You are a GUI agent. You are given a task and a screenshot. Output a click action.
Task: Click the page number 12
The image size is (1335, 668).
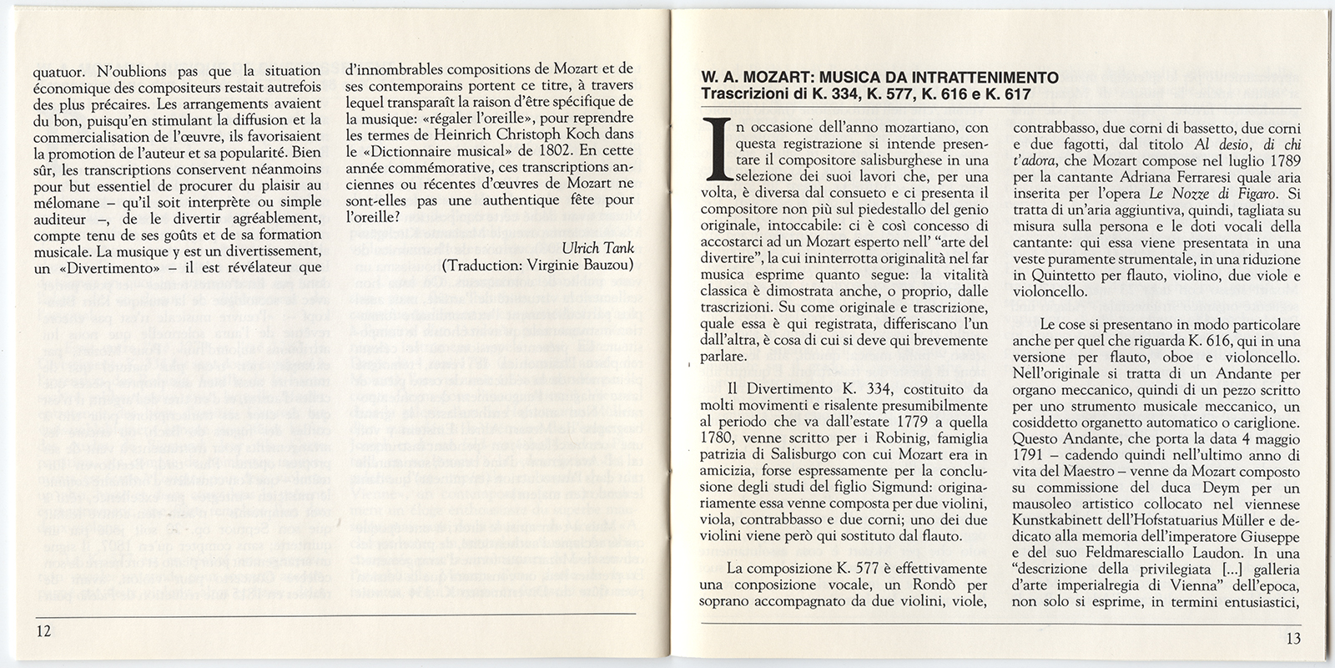[x=43, y=630]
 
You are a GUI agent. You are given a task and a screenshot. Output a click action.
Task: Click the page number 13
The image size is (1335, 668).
[x=1292, y=640]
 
